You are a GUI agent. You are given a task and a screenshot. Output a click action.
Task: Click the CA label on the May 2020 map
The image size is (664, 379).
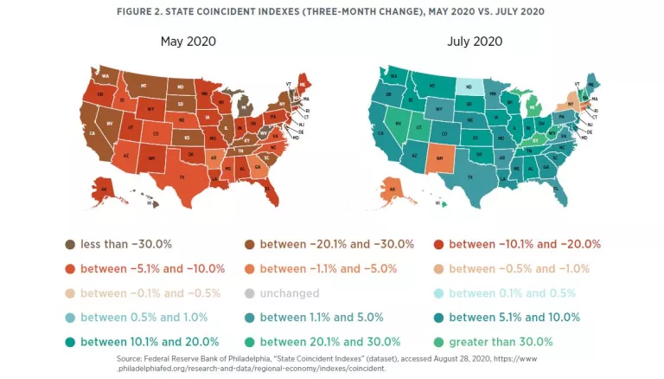(91, 133)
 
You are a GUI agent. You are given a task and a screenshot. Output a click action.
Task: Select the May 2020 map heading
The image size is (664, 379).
(188, 41)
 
